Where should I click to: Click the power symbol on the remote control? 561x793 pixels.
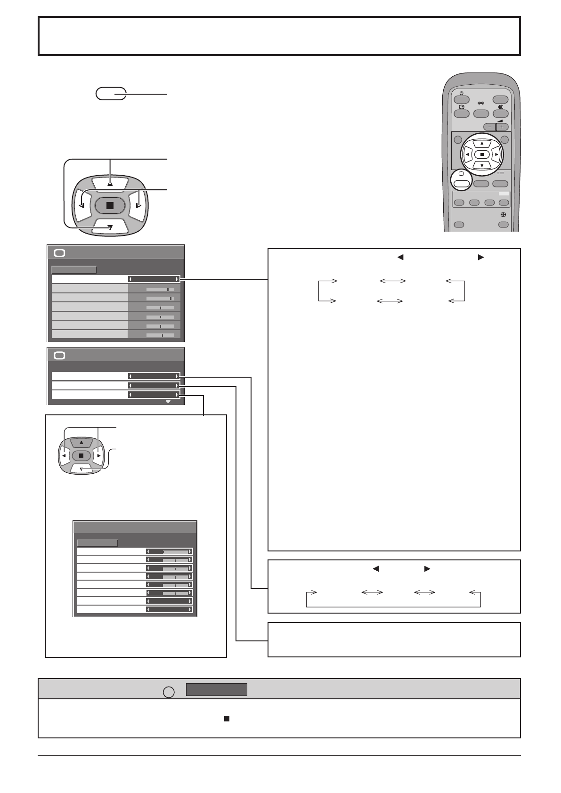tap(461, 93)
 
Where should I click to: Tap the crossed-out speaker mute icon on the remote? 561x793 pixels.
tap(501, 107)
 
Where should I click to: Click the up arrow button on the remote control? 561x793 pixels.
tap(481, 143)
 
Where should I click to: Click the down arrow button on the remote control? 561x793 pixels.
tap(481, 165)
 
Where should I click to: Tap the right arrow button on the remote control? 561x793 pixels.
tap(496, 154)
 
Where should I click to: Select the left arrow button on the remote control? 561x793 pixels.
tap(467, 154)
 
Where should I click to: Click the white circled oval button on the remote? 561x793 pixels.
tap(462, 183)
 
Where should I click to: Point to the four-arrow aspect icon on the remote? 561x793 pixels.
tap(503, 214)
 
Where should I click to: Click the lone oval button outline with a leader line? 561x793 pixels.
tap(111, 94)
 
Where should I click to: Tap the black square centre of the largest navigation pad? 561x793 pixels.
tap(110, 205)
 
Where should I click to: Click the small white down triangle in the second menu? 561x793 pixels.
tap(168, 402)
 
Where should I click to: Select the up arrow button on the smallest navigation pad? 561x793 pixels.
tap(81, 442)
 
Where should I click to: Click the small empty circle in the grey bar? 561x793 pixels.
tap(169, 692)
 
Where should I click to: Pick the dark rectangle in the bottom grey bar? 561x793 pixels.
tap(216, 689)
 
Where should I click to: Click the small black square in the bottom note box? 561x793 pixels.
tap(227, 719)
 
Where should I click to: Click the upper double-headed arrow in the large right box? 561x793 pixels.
tap(393, 281)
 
